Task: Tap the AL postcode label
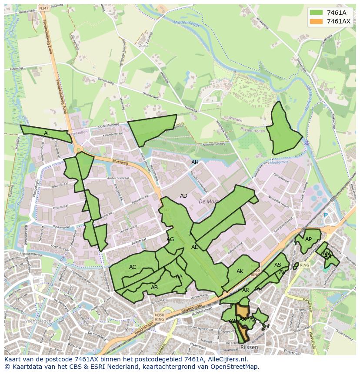pos(47,133)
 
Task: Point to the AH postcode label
pos(195,162)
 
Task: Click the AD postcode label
pos(183,196)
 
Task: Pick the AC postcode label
pos(133,267)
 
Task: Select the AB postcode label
pos(154,287)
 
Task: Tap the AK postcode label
pos(240,271)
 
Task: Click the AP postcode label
pos(308,239)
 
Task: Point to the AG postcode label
pos(170,239)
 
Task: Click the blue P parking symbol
pos(325,215)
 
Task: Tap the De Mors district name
pos(208,202)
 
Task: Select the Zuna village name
pos(143,45)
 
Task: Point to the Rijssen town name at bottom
pos(249,348)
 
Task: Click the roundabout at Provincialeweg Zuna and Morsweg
pos(78,150)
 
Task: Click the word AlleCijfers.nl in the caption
pos(226,359)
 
